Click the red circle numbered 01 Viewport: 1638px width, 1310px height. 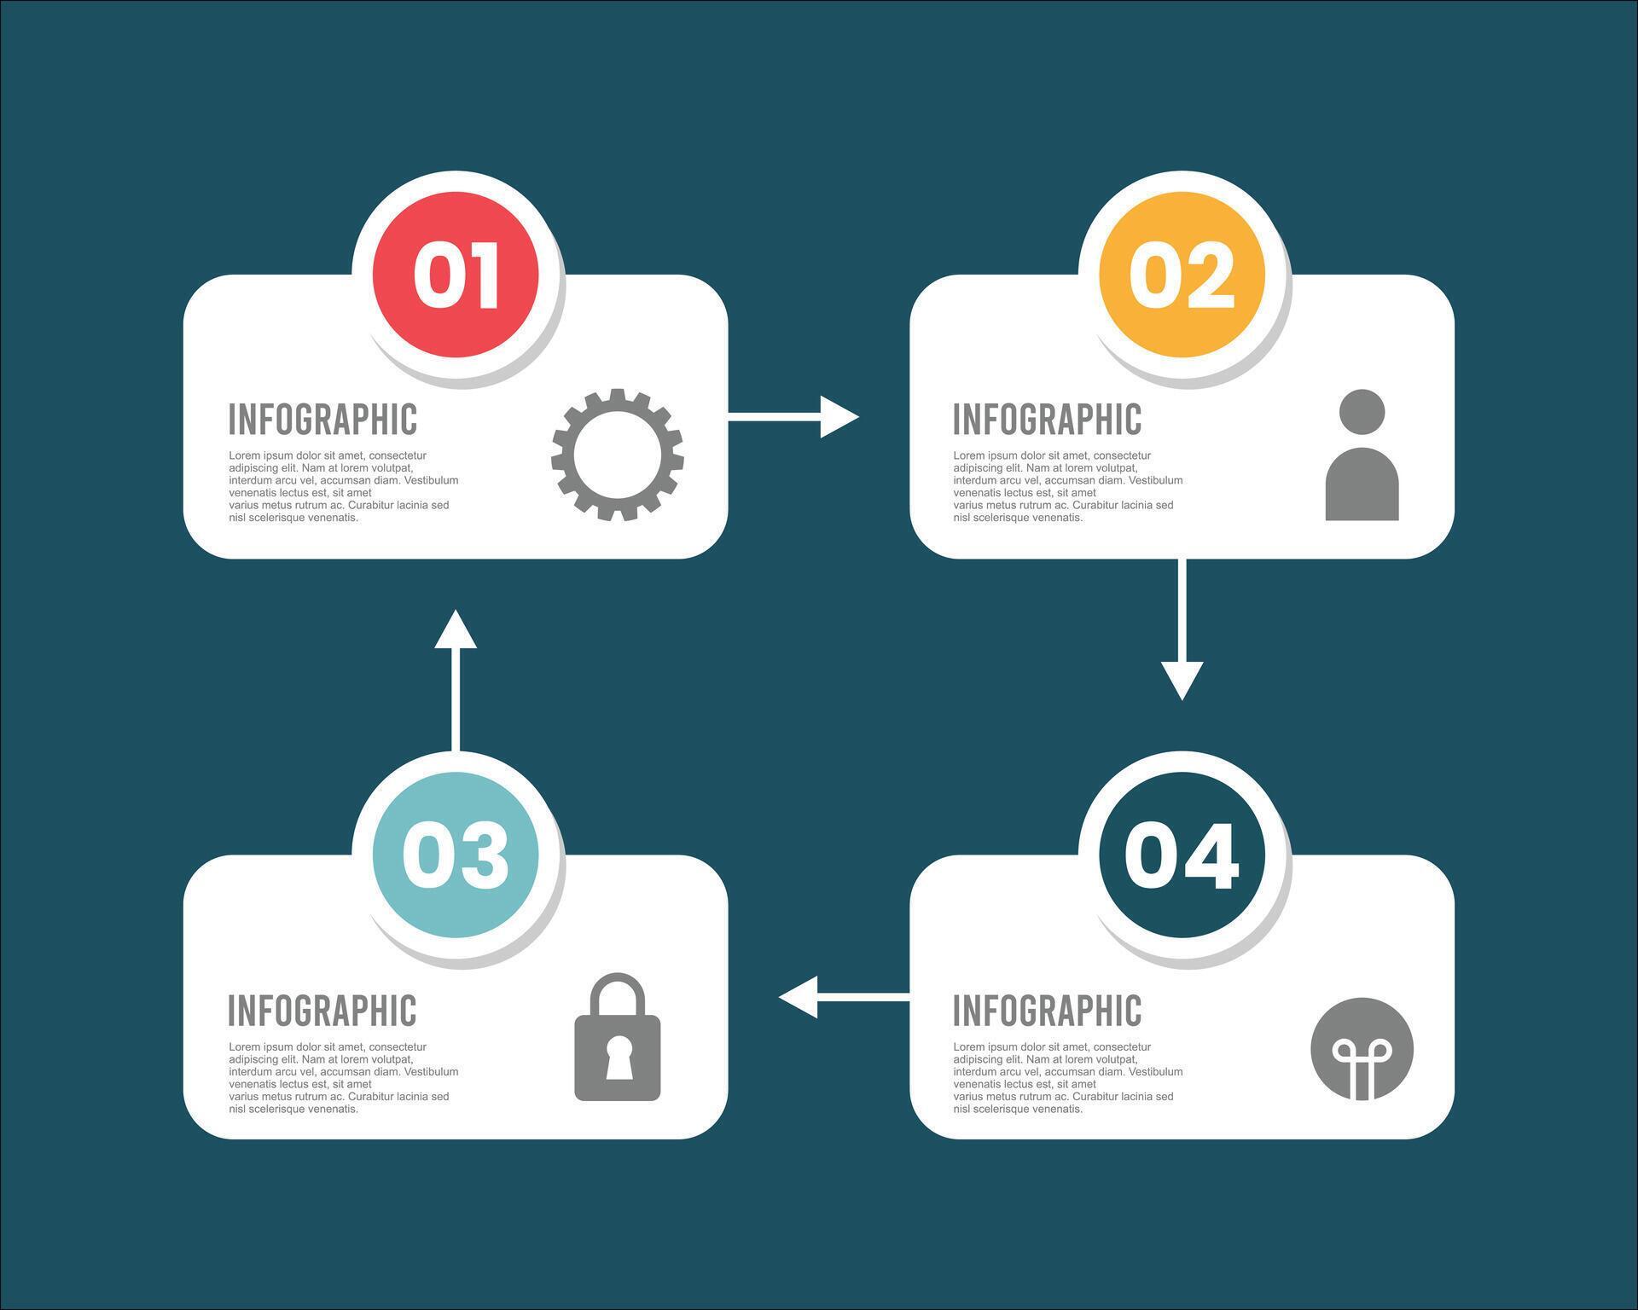pos(456,275)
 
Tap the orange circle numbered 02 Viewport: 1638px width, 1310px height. pos(1182,275)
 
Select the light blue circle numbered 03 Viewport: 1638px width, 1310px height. pos(456,855)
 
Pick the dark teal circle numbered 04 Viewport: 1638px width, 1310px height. pos(1182,855)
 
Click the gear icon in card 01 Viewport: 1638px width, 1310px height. pos(617,455)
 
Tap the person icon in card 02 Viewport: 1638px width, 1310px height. pos(1362,455)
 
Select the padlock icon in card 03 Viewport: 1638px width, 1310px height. pos(617,1037)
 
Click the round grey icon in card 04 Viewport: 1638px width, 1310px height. pos(1362,1049)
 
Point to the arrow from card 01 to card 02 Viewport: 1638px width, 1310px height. pos(793,416)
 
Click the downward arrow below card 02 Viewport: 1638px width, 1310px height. pos(1182,631)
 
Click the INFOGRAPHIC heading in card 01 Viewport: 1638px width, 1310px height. pos(322,419)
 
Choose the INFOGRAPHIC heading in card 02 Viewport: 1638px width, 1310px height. pos(1047,419)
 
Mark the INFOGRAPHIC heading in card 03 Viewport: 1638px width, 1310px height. pos(322,1011)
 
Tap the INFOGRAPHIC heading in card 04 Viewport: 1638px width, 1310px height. pos(1047,1011)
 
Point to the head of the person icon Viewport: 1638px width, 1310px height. pos(1362,412)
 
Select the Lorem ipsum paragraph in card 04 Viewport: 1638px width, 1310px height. pos(1067,1078)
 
